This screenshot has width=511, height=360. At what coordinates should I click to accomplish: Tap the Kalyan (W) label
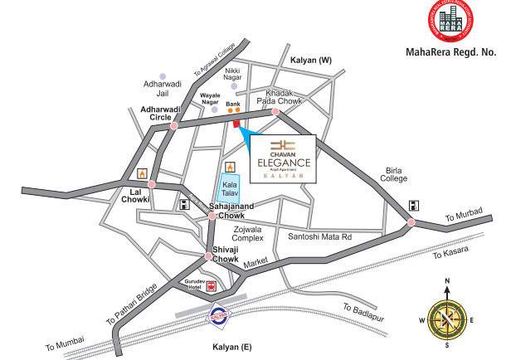coord(311,61)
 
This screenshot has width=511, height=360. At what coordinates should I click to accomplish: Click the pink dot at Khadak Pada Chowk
coord(277,111)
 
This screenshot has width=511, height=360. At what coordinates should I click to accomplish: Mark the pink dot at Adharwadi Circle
coord(173,126)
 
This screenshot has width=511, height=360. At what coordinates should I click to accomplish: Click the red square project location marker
coord(237,125)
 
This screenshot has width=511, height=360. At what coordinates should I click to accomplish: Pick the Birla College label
coord(394,173)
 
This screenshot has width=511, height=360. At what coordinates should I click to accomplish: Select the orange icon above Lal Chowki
coord(141,175)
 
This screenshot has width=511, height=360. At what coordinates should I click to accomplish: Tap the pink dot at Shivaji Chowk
coord(210,255)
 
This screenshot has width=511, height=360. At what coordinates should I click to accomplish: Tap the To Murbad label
coord(463,216)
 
